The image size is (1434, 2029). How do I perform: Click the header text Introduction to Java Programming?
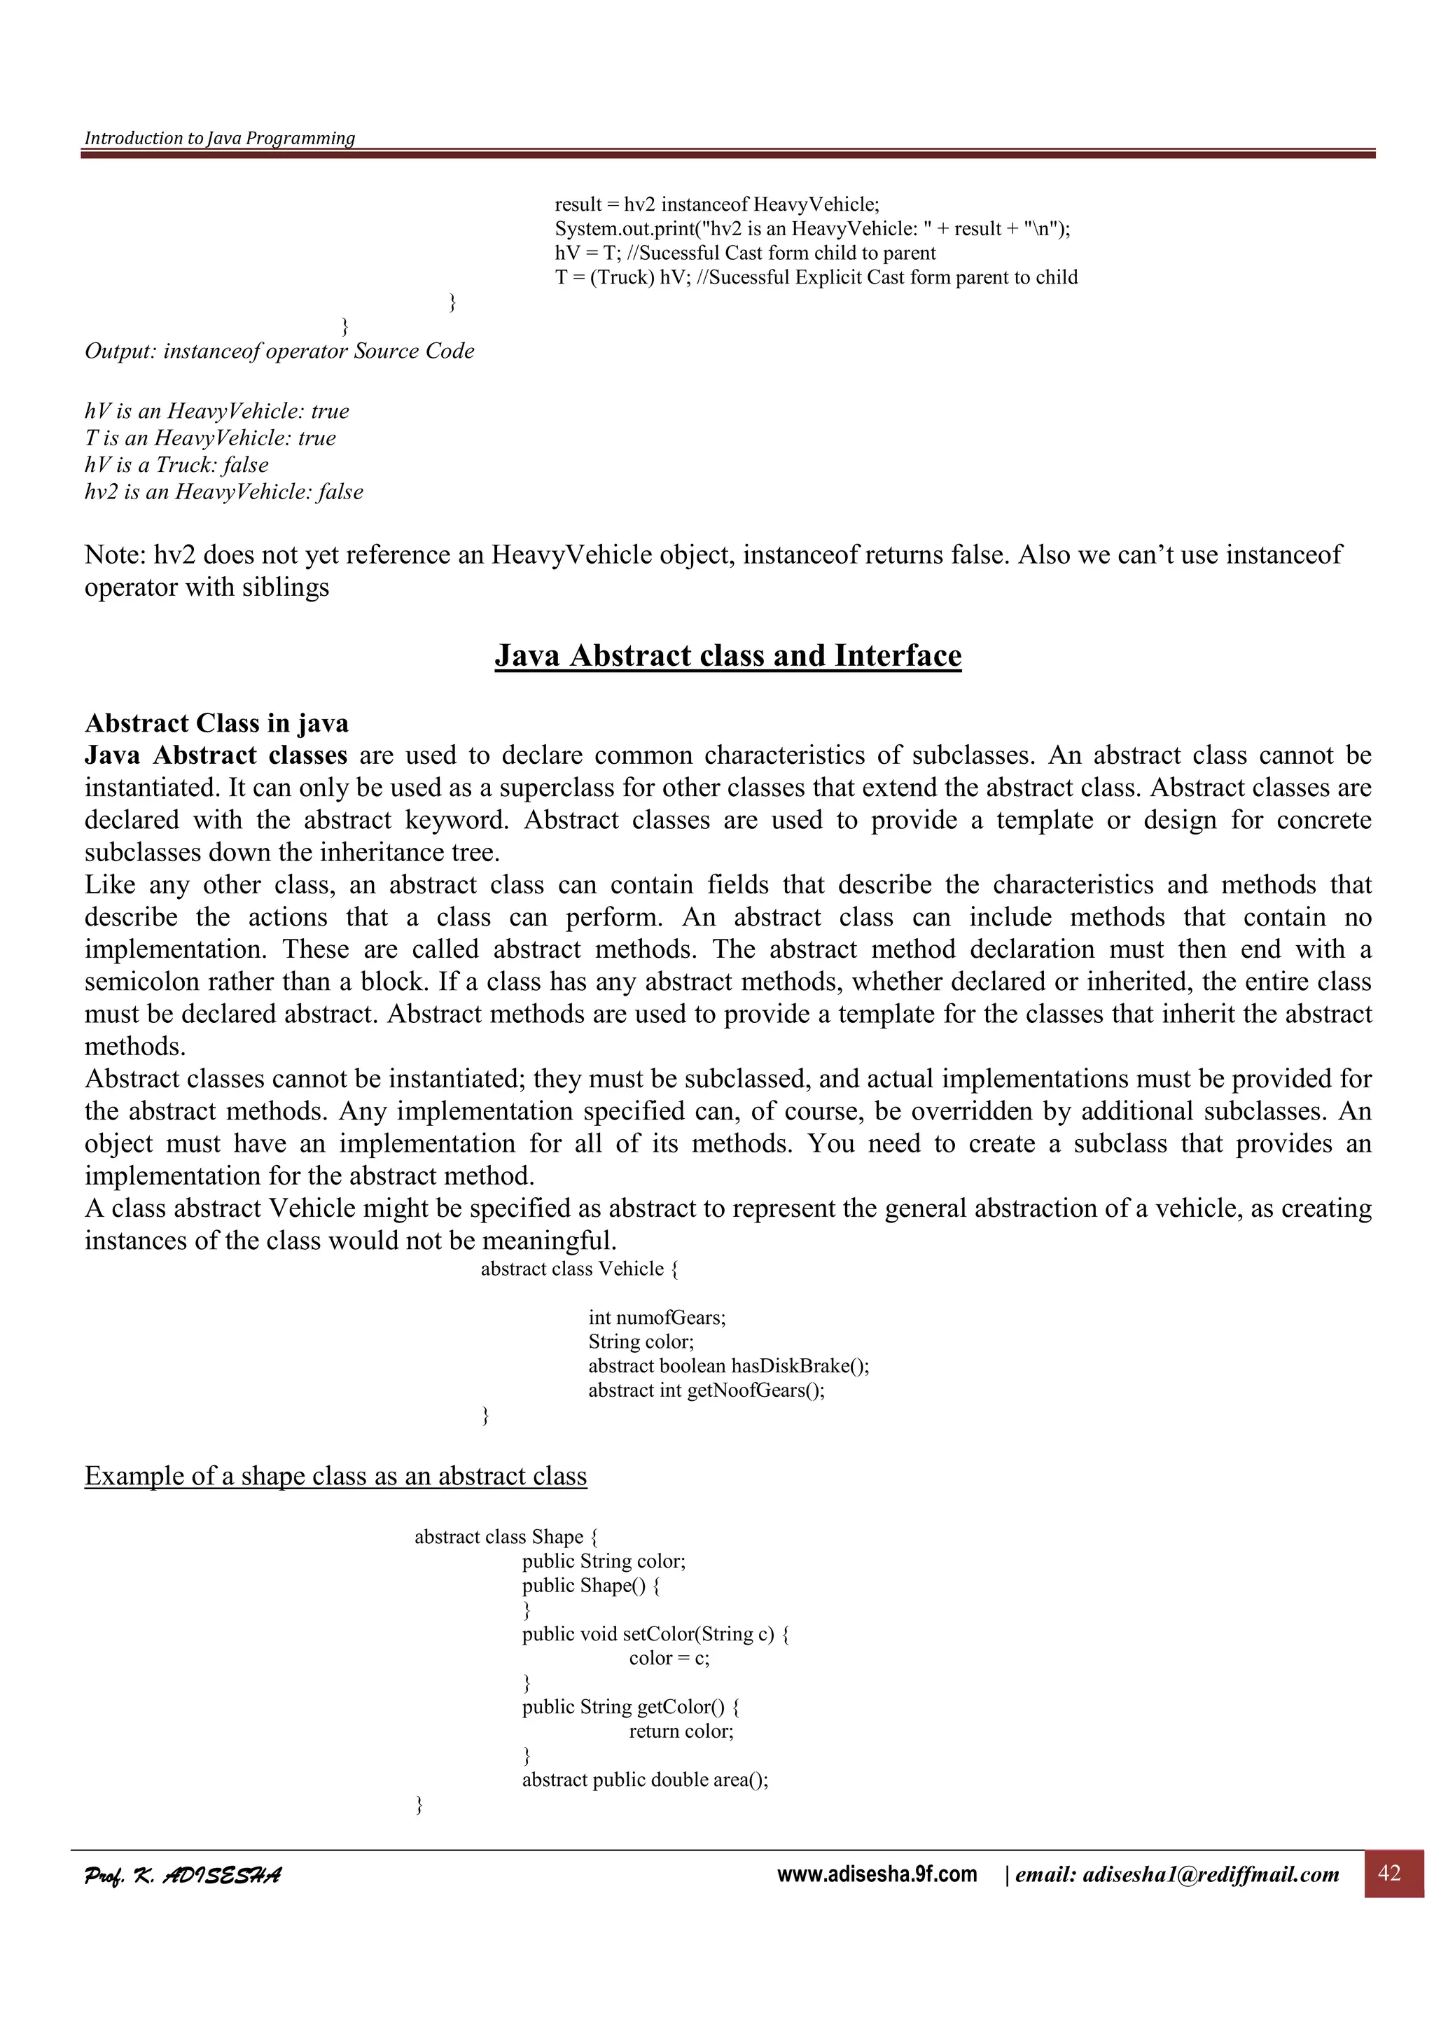(x=219, y=138)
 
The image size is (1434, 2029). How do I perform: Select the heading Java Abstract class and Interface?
(x=728, y=656)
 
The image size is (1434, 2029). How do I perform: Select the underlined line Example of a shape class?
(x=336, y=1476)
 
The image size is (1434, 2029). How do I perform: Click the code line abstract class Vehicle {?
(x=580, y=1269)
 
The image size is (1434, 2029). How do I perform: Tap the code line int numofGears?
(x=657, y=1318)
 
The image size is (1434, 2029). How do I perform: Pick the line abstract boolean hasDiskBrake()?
(x=728, y=1366)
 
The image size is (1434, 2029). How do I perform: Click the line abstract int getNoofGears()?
(x=706, y=1390)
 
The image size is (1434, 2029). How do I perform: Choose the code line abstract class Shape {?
(x=506, y=1537)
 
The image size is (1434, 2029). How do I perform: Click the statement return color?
(x=681, y=1731)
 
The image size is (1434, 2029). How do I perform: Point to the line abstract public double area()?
(x=645, y=1780)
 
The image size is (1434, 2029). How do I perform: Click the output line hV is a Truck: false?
(x=176, y=465)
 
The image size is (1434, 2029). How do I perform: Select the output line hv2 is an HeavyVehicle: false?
(x=223, y=492)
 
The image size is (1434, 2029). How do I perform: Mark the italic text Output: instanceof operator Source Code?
(x=279, y=351)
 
